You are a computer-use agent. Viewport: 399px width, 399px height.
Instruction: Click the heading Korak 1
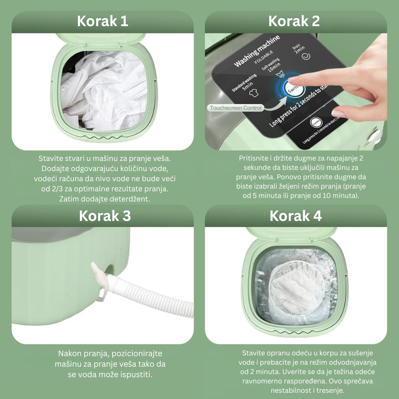pyautogui.click(x=102, y=21)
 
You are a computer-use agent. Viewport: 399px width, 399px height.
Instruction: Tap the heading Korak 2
pyautogui.click(x=294, y=21)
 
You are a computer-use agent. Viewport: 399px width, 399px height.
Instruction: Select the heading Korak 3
pyautogui.click(x=105, y=216)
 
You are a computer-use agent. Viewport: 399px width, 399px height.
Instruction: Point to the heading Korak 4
pyautogui.click(x=296, y=216)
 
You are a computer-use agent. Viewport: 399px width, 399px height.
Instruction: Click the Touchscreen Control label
pyautogui.click(x=235, y=108)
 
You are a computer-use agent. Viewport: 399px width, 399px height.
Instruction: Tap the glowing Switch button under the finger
pyautogui.click(x=293, y=90)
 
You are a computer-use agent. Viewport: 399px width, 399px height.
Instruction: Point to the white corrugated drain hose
pyautogui.click(x=150, y=295)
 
